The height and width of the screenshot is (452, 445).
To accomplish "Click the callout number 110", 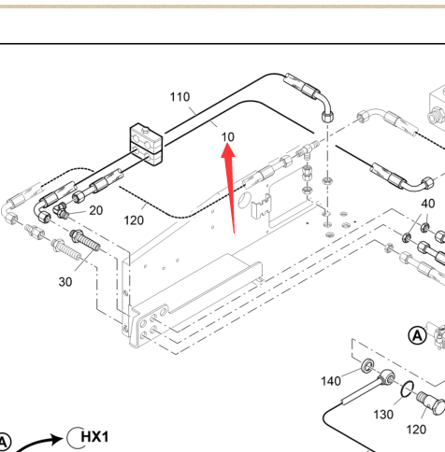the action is (x=179, y=97).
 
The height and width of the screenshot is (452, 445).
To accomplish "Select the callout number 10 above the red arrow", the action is (x=228, y=137).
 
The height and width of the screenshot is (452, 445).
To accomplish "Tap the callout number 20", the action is (x=96, y=210).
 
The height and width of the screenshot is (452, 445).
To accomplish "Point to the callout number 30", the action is (x=65, y=282).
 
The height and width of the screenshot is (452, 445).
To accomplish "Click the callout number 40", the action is (x=428, y=204).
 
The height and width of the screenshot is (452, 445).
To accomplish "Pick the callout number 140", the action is (x=331, y=381).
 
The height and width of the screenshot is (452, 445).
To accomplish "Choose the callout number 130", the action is (x=383, y=415).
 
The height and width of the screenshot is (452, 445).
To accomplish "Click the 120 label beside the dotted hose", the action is (x=134, y=220).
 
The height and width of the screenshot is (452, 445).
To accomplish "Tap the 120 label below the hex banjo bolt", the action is (x=416, y=430).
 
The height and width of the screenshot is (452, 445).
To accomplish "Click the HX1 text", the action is (x=94, y=437).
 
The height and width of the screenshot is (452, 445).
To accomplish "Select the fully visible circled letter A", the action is (x=417, y=335).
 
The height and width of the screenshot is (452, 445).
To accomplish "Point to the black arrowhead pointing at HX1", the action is (x=57, y=440).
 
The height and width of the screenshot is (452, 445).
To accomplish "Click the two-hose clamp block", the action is (x=146, y=145).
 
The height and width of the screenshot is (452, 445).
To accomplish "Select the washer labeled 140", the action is (x=368, y=365).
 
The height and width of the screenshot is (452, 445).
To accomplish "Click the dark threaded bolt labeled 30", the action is (x=85, y=240).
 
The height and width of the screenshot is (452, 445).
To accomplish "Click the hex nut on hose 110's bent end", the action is (x=327, y=118).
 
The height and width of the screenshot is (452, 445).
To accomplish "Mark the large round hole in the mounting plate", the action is (x=244, y=201).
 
